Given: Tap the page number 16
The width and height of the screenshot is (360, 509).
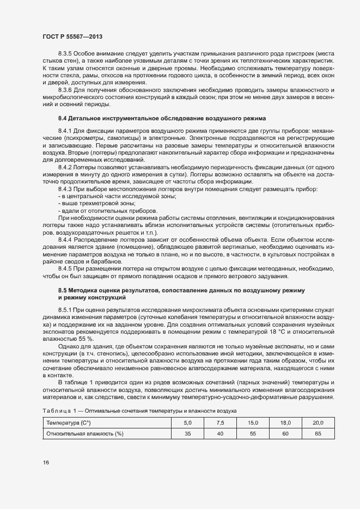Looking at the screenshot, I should coord(46,463).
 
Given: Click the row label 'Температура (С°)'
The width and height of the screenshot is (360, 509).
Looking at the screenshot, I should coord(69,422).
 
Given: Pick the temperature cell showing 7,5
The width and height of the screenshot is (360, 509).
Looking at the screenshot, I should coord(220,422).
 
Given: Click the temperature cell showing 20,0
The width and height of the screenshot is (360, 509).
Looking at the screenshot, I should coord(318,422).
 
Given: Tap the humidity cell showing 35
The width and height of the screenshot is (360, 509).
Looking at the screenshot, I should coord(188,433).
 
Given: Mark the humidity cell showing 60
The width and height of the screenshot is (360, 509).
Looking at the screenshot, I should coord(285,433).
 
